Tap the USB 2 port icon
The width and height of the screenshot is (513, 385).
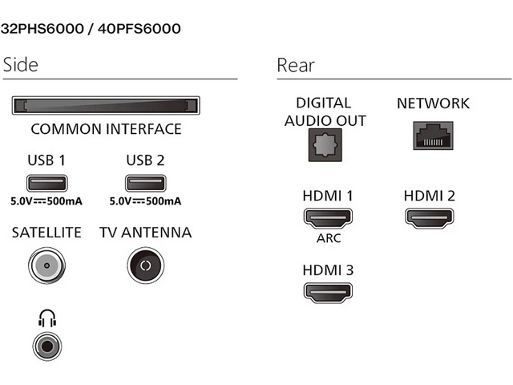pyautogui.click(x=145, y=183)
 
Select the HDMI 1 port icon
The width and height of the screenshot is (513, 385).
pyautogui.click(x=328, y=217)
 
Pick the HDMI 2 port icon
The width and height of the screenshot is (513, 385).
pyautogui.click(x=429, y=217)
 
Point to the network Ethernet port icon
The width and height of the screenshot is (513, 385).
pyautogui.click(x=433, y=136)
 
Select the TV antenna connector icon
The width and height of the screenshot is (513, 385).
pyautogui.click(x=145, y=265)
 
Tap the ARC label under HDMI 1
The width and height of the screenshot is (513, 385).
pyautogui.click(x=328, y=238)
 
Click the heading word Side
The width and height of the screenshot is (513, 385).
pyautogui.click(x=21, y=65)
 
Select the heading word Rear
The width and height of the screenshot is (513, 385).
pyautogui.click(x=296, y=65)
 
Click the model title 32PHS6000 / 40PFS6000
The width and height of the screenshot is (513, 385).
pyautogui.click(x=91, y=29)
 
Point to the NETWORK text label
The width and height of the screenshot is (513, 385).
pyautogui.click(x=433, y=103)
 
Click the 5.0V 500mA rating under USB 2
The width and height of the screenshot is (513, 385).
pyautogui.click(x=145, y=201)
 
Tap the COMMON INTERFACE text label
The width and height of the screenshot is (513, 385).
pyautogui.click(x=106, y=128)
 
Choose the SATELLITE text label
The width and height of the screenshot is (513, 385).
pyautogui.click(x=46, y=233)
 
